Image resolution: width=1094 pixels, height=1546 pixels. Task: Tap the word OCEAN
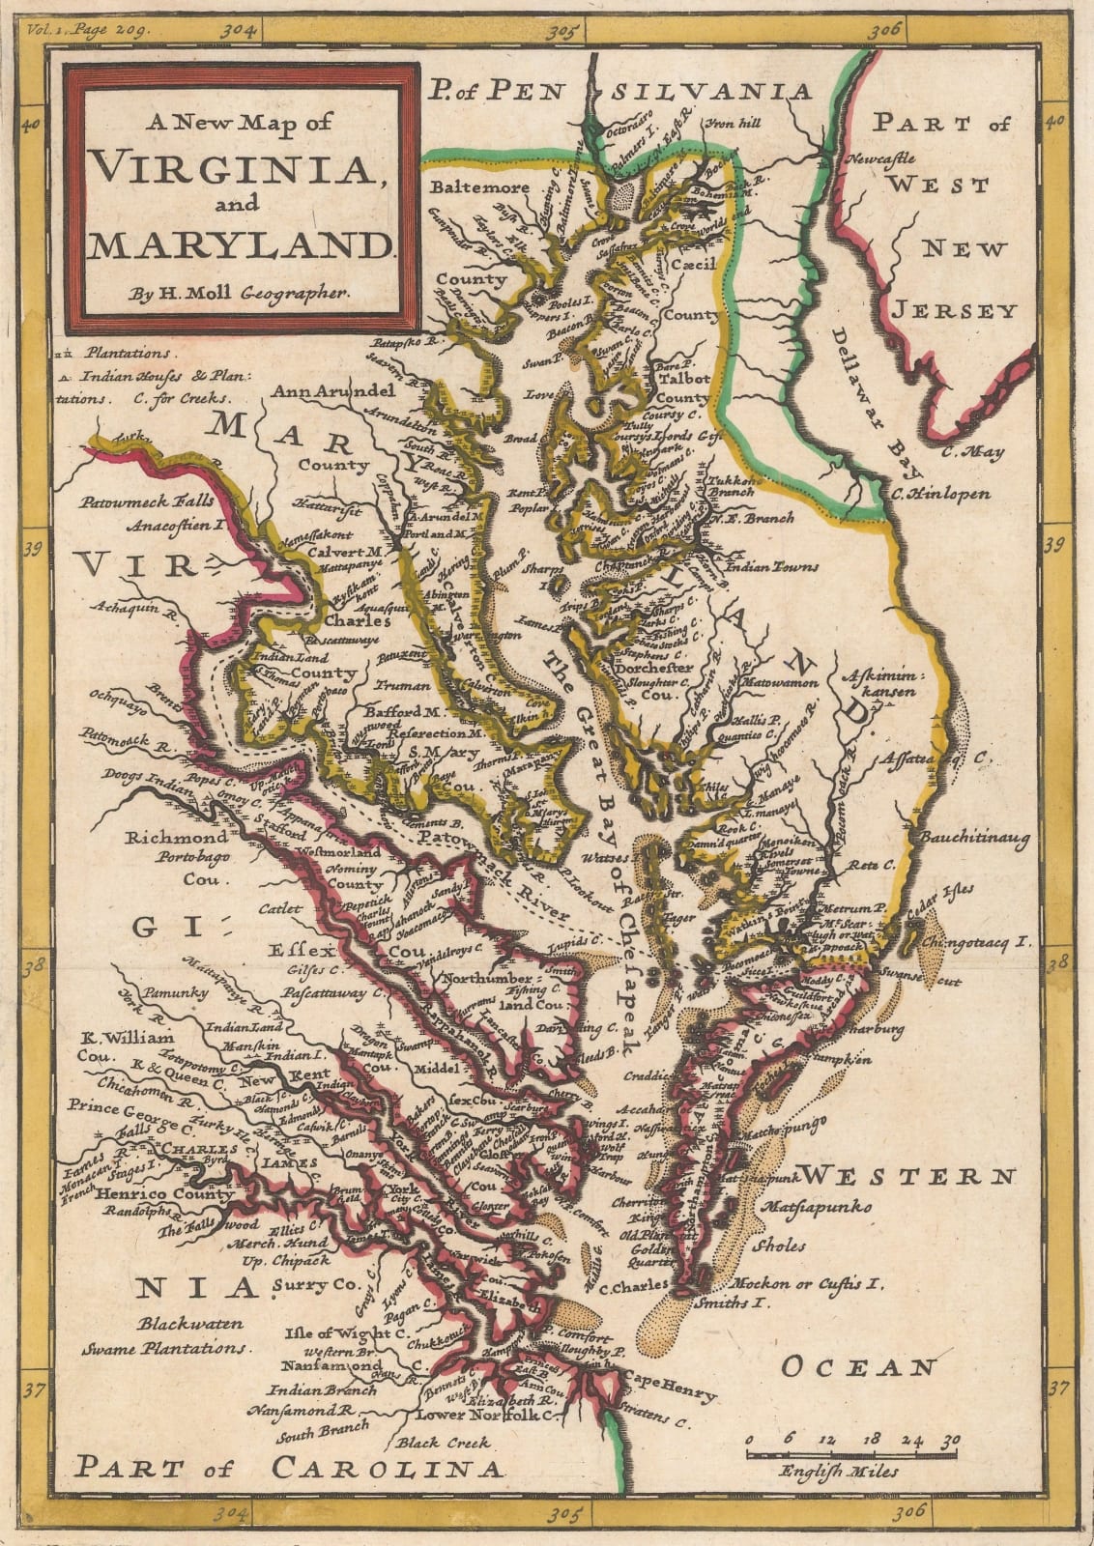pos(858,1367)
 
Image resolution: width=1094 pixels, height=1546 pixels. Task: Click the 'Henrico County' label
pos(164,1193)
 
